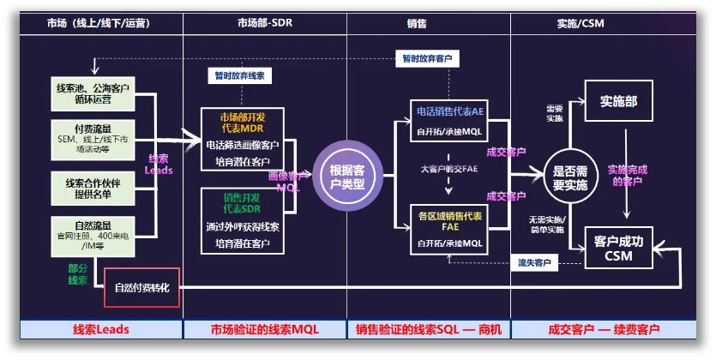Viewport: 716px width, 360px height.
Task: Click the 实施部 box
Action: [619, 101]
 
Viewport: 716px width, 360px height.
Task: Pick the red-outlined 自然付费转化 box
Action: [142, 288]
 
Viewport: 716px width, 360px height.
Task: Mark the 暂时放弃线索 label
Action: [240, 76]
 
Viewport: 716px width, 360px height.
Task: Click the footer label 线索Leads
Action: [100, 329]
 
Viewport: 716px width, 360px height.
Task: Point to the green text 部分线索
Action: [78, 273]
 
